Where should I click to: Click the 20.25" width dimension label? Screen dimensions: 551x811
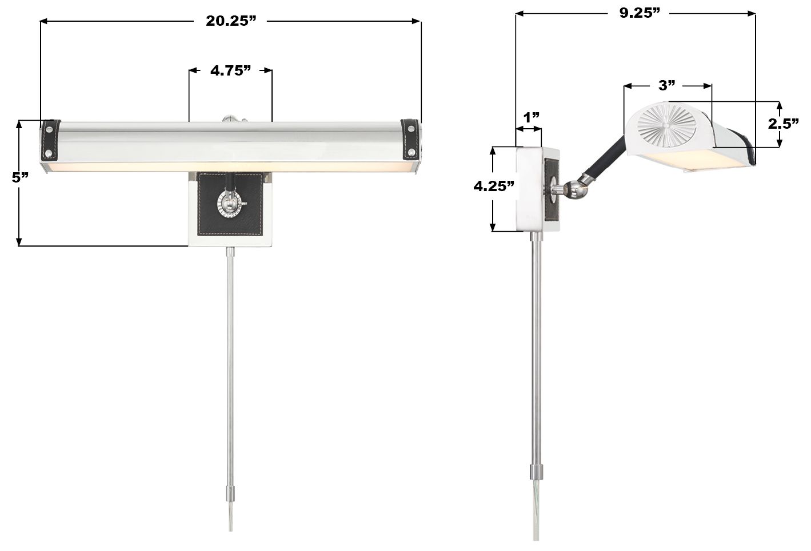[230, 21]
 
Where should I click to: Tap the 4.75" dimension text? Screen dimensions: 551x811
[230, 70]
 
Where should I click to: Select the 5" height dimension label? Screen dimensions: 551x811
[20, 177]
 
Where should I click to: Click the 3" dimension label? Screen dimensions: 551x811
[666, 86]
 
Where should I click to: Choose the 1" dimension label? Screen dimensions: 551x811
[531, 117]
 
